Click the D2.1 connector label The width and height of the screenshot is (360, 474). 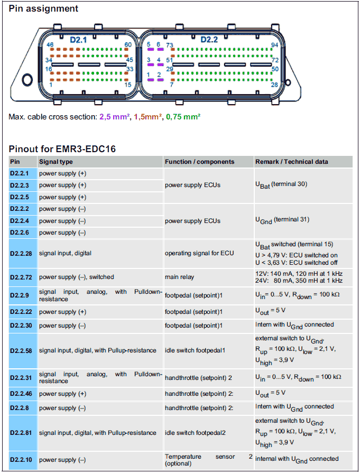78,40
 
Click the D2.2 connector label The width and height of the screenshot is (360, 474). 209,40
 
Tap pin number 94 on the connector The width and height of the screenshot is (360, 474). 274,45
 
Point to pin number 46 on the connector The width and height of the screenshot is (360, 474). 50,45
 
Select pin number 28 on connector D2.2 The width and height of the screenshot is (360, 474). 274,85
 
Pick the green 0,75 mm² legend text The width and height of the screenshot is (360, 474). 183,117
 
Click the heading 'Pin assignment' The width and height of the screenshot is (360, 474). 43,8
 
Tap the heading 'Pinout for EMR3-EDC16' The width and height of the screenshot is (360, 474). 62,148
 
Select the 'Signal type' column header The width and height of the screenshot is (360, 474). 56,162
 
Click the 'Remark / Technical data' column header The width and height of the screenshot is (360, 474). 292,162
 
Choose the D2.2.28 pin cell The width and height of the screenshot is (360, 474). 21,254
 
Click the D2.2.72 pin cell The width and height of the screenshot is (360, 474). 21,277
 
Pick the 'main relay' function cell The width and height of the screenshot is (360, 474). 179,277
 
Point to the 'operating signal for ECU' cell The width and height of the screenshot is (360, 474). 199,253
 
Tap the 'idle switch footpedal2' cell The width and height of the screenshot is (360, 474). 195,433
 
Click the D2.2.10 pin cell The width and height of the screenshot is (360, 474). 21,460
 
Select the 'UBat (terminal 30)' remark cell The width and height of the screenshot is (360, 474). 281,185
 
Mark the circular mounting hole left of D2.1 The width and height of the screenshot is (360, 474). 27,79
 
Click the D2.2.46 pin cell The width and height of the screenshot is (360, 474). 21,394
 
